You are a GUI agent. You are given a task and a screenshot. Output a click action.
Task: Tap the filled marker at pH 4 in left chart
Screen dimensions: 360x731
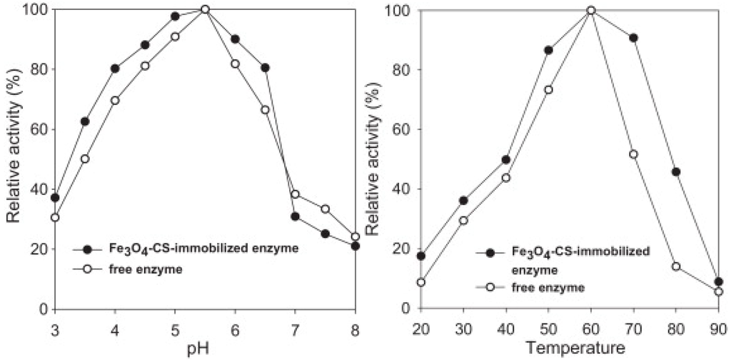115,69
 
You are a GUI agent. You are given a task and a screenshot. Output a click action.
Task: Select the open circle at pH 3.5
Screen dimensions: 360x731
85,159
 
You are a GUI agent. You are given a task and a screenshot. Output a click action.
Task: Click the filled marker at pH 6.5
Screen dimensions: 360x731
265,68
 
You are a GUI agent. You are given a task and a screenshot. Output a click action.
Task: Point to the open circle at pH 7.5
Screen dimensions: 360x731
325,209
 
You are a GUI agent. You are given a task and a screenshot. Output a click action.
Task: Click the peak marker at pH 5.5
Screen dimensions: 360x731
205,9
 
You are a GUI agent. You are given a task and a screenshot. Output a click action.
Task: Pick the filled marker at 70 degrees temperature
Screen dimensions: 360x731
633,37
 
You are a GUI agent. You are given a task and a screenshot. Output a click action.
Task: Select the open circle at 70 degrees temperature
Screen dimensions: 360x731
633,154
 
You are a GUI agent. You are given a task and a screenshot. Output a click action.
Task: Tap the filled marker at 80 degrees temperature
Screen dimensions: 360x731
676,172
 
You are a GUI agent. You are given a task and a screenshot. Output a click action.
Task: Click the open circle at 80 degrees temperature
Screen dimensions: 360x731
676,266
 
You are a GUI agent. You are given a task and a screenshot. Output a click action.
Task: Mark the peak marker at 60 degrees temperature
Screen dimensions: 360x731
590,10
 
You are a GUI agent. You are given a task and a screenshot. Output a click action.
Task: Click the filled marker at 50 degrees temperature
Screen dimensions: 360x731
548,50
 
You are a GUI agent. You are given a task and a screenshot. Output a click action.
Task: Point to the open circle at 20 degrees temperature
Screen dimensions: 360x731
420,282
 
